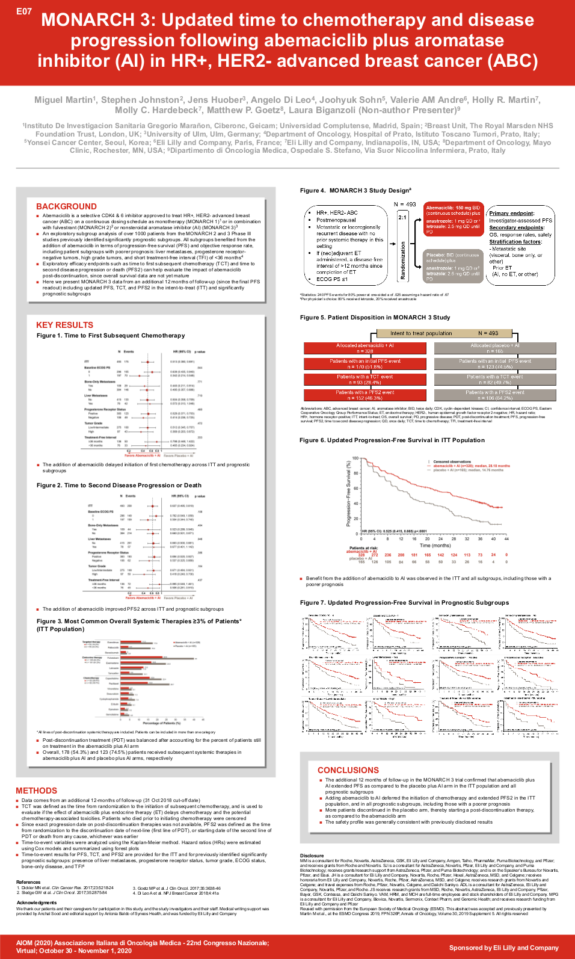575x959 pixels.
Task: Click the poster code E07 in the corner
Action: pyautogui.click(x=24, y=11)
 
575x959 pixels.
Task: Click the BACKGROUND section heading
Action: pyautogui.click(x=66, y=206)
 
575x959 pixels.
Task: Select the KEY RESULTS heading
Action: pyautogui.click(x=64, y=325)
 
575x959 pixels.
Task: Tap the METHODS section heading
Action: pyautogui.click(x=36, y=791)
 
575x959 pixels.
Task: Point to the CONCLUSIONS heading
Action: pyautogui.click(x=348, y=770)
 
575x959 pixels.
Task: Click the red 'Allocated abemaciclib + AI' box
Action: pyautogui.click(x=364, y=348)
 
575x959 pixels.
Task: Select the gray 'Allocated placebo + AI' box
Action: pyautogui.click(x=495, y=348)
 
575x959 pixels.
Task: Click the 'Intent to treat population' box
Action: pyautogui.click(x=421, y=333)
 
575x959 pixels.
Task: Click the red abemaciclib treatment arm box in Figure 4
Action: pyautogui.click(x=453, y=219)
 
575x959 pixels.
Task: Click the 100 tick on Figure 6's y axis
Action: pyautogui.click(x=355, y=458)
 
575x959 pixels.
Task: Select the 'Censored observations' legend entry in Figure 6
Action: pyautogui.click(x=452, y=461)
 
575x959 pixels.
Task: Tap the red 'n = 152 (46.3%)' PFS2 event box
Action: pyautogui.click(x=364, y=395)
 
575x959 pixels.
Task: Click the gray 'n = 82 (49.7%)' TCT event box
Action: pyautogui.click(x=495, y=380)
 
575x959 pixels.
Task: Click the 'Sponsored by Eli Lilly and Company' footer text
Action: pyautogui.click(x=503, y=948)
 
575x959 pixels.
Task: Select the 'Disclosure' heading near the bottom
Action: pyautogui.click(x=312, y=855)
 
